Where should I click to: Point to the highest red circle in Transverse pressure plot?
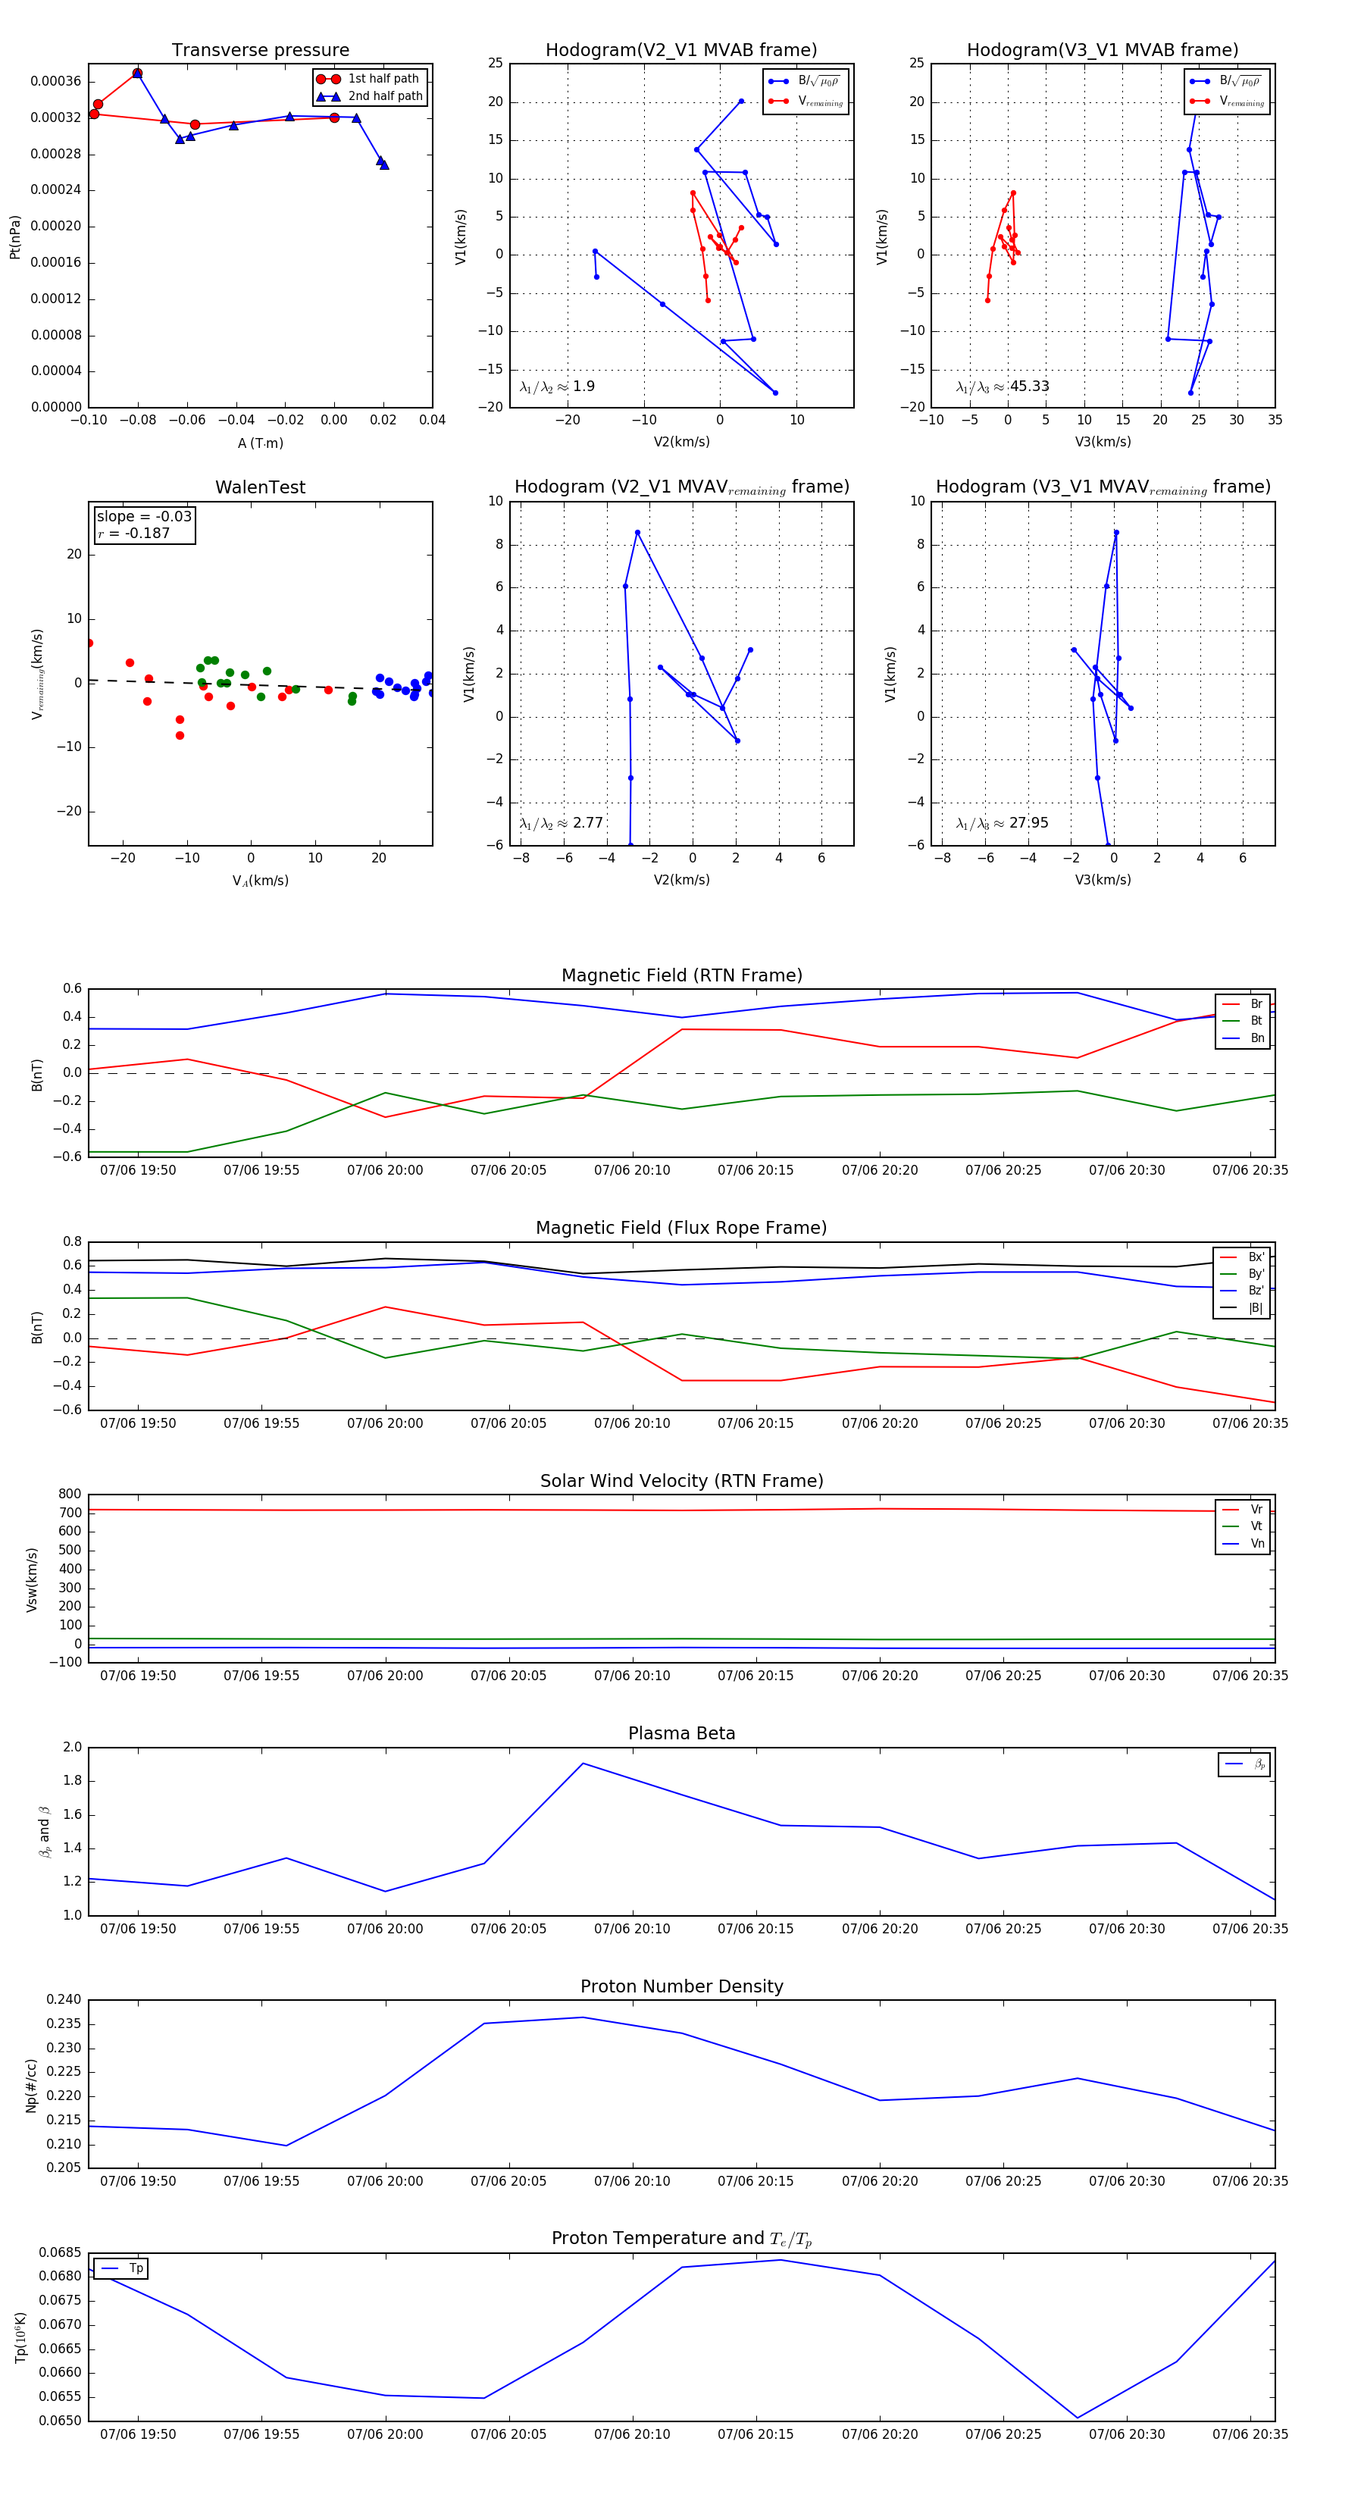[137, 74]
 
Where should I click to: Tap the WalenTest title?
[260, 487]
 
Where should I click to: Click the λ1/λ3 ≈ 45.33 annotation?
[1002, 387]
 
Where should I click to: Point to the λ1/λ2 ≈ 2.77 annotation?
[561, 823]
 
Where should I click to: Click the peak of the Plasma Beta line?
[583, 1763]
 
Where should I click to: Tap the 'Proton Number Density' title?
[681, 1986]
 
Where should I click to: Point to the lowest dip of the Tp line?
[1077, 2418]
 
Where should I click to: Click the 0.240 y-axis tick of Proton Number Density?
[64, 1999]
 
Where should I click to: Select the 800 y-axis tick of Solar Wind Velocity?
[69, 1495]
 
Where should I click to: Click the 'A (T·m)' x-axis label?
[260, 443]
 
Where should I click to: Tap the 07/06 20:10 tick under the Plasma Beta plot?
[631, 1928]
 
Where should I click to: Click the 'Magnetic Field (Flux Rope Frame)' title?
[681, 1229]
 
